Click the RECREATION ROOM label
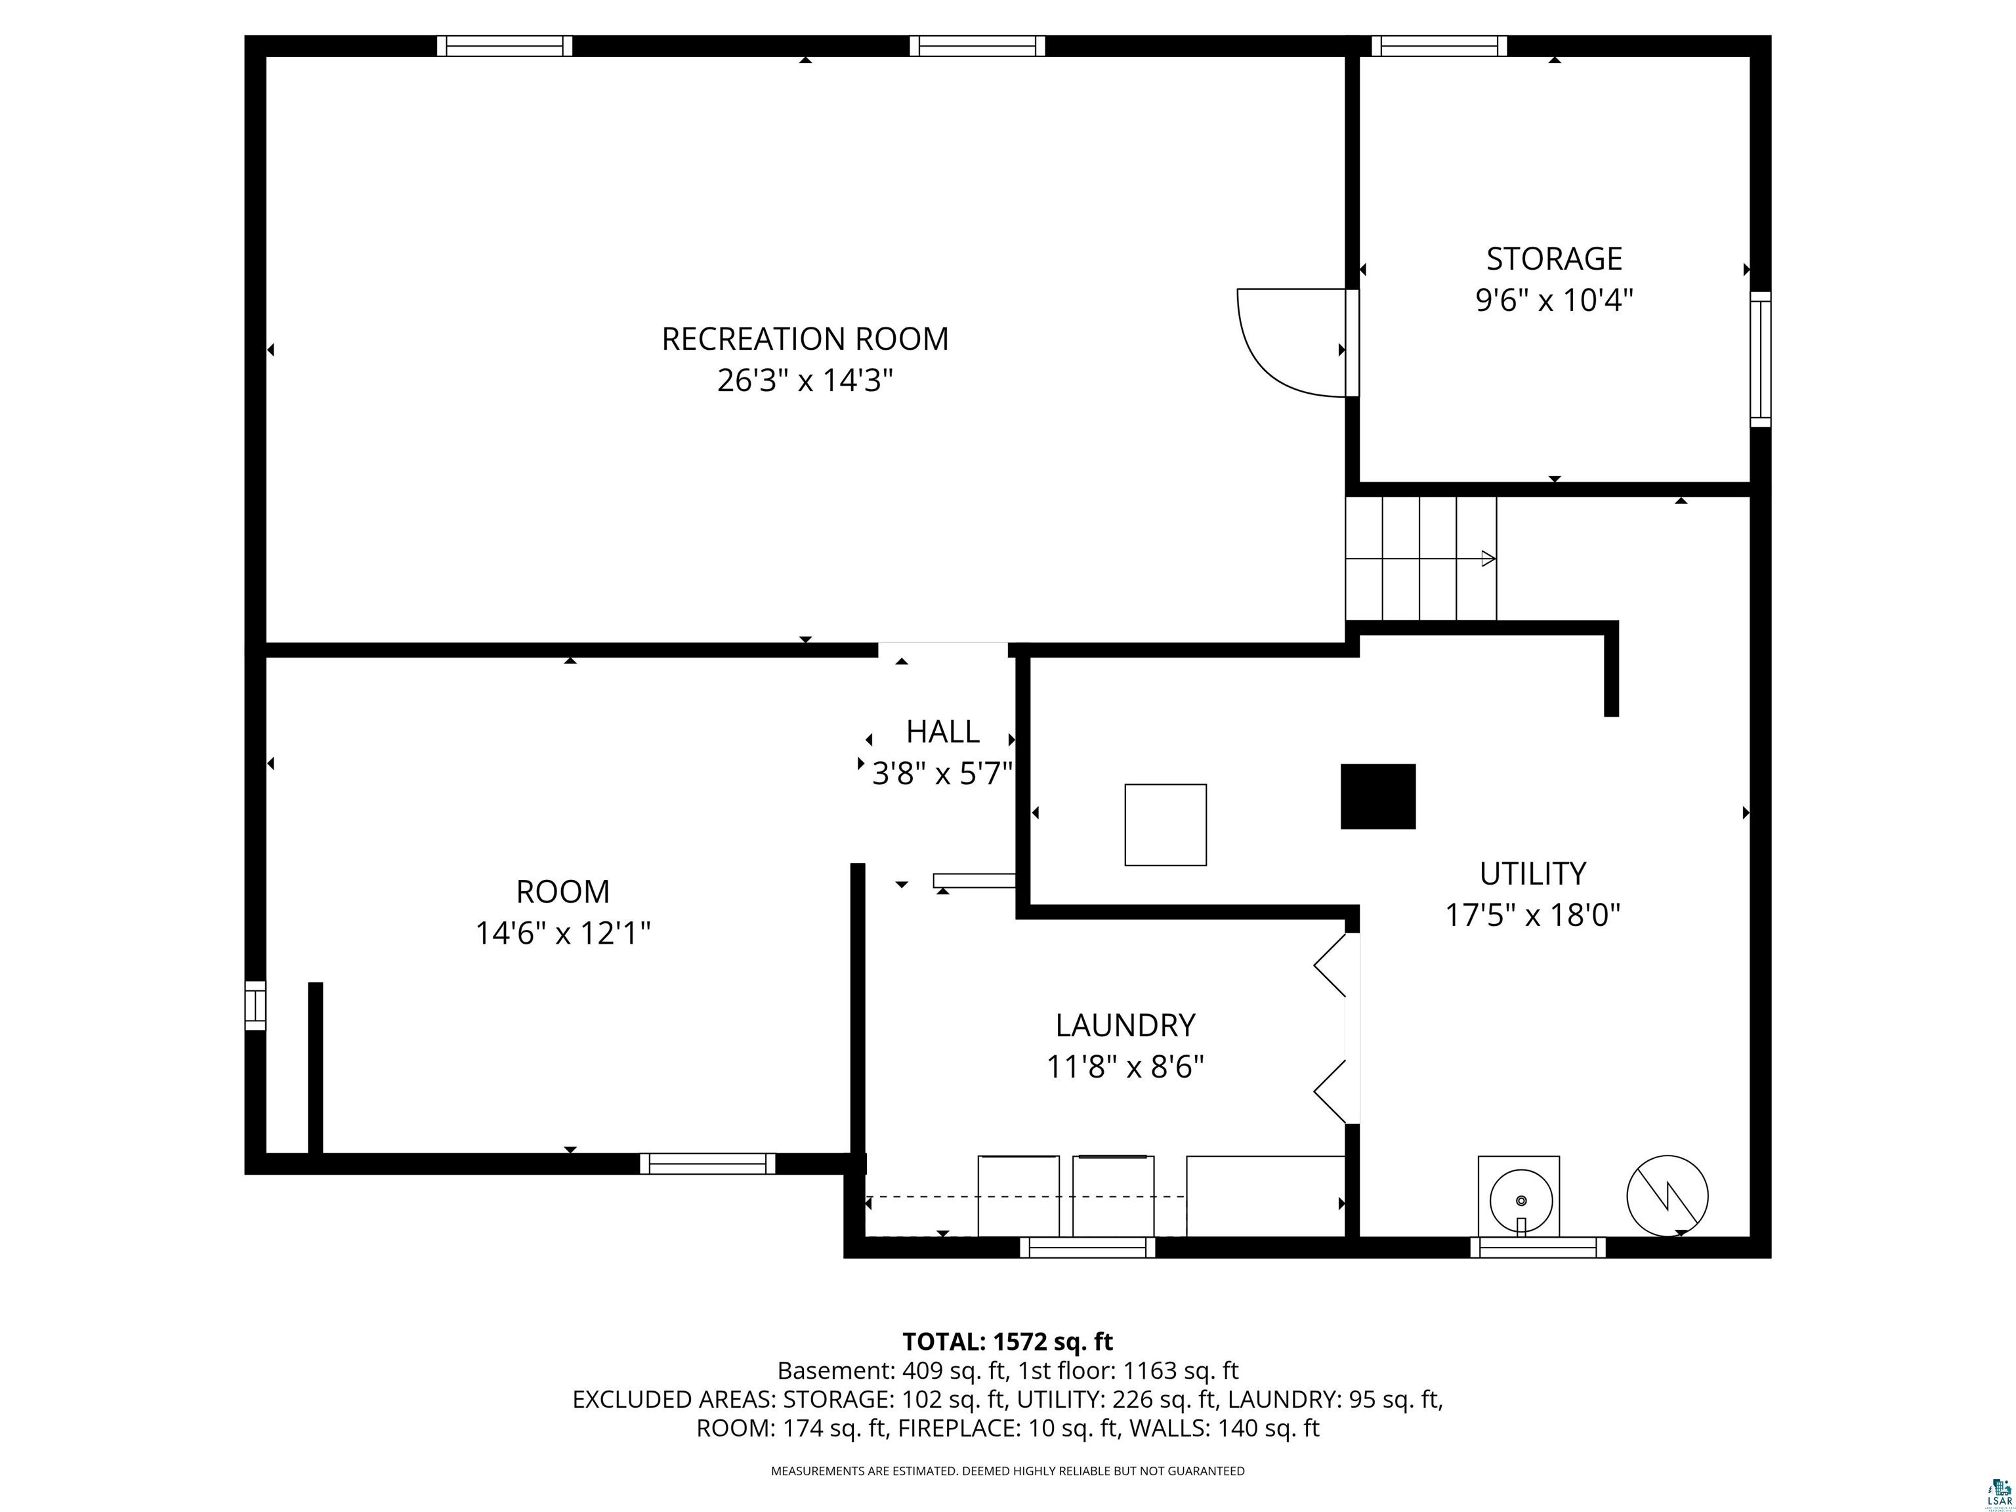805,339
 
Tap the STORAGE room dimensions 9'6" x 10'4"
1554,300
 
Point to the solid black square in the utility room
1378,797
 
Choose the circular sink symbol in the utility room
1520,1200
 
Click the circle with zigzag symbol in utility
1667,1196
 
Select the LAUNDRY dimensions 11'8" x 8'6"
1125,1066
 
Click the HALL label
942,732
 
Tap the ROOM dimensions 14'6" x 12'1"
562,933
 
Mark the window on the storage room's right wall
1761,359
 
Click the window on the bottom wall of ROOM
707,1164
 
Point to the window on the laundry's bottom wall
1087,1248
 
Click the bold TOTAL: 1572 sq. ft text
1007,1341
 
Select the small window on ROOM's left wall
255,1006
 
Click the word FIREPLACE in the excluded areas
958,1427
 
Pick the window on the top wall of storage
1439,45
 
